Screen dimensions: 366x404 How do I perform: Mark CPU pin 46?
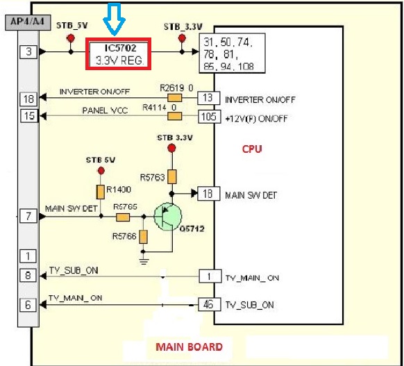(x=208, y=304)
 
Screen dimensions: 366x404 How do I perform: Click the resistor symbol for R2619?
(x=175, y=97)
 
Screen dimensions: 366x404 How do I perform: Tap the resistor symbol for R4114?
(x=175, y=115)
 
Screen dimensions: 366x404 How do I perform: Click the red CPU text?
(x=252, y=149)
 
